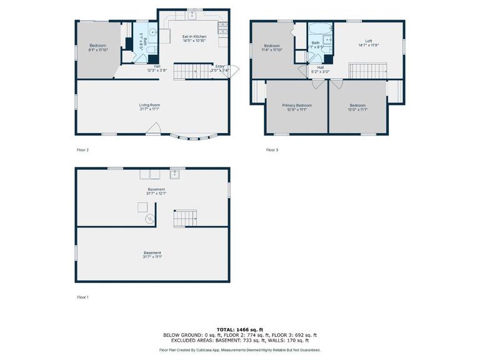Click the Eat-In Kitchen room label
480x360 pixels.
click(193, 37)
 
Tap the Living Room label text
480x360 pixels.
click(149, 105)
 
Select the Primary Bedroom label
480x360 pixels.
click(297, 106)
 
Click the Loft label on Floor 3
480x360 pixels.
click(368, 41)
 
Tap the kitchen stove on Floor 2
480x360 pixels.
click(222, 27)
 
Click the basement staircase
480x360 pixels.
click(186, 218)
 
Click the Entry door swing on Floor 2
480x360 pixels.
click(234, 71)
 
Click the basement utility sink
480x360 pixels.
click(175, 174)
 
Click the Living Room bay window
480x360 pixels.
click(196, 136)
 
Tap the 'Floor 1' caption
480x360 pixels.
click(82, 297)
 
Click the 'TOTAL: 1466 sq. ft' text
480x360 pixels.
click(239, 329)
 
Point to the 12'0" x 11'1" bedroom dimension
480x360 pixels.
click(358, 109)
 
